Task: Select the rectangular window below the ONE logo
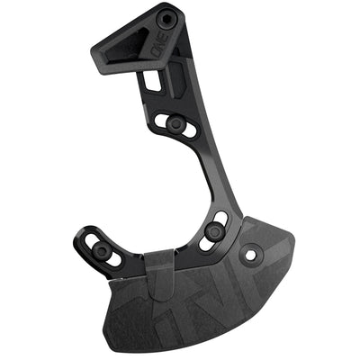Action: pyautogui.click(x=154, y=82)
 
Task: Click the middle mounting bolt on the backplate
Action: pyautogui.click(x=176, y=122)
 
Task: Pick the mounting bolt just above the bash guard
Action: pyautogui.click(x=213, y=231)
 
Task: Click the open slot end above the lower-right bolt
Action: pyautogui.click(x=220, y=216)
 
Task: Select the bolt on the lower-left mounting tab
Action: pyautogui.click(x=102, y=249)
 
